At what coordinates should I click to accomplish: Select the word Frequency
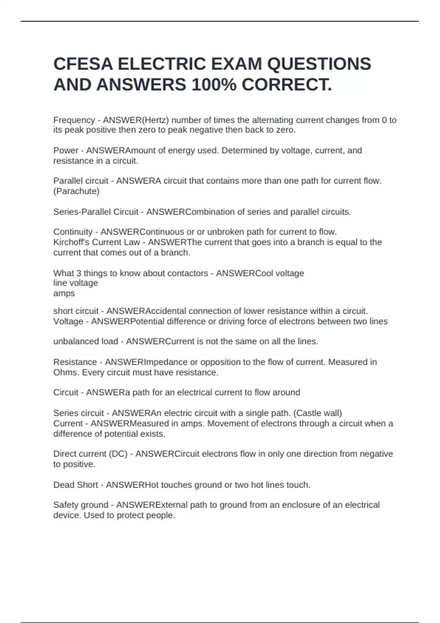pyautogui.click(x=74, y=120)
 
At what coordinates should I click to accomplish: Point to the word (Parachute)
pyautogui.click(x=76, y=191)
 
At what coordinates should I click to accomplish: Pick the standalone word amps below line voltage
pyautogui.click(x=64, y=294)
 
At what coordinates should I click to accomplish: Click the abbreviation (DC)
pyautogui.click(x=118, y=454)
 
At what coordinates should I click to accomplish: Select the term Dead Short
pyautogui.click(x=76, y=485)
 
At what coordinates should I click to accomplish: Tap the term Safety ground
pyautogui.click(x=81, y=505)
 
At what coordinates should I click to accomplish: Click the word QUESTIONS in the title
pyautogui.click(x=319, y=64)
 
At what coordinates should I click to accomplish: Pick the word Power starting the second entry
pyautogui.click(x=66, y=151)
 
